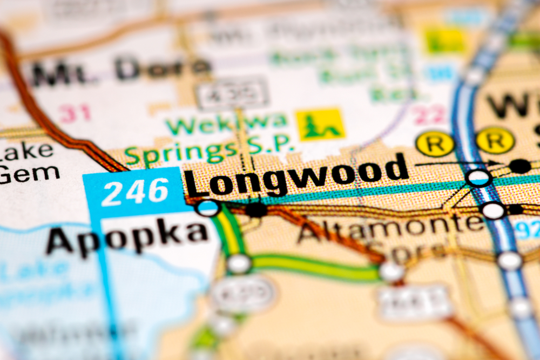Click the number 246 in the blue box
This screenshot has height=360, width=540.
tap(135, 192)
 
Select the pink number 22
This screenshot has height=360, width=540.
tap(430, 115)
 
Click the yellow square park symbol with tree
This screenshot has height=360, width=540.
tap(320, 124)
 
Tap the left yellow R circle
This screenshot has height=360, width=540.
tap(435, 144)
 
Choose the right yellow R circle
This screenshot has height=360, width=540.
tap(495, 140)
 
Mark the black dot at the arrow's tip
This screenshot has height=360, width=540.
tap(519, 166)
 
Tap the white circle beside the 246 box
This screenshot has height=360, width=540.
tap(208, 207)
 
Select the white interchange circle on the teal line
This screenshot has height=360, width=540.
tap(479, 177)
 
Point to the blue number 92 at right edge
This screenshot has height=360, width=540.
tap(526, 230)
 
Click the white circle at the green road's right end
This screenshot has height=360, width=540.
tap(391, 271)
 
